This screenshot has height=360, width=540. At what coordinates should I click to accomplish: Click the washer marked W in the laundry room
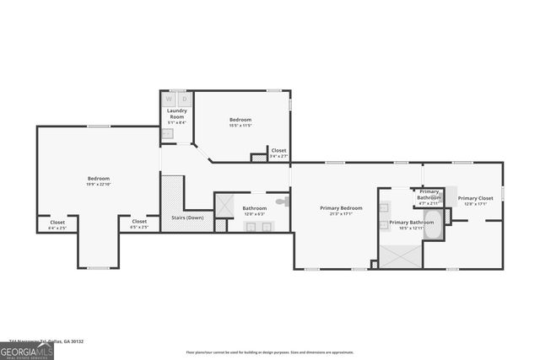pyautogui.click(x=169, y=98)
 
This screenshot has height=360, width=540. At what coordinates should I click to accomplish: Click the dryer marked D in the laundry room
pyautogui.click(x=184, y=98)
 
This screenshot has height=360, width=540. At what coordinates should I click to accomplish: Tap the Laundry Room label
pyautogui.click(x=176, y=113)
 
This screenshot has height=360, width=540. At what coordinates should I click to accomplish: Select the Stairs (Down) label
pyautogui.click(x=187, y=218)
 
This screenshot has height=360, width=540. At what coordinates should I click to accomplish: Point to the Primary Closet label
pyautogui.click(x=473, y=199)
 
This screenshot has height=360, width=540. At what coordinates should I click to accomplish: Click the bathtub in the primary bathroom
pyautogui.click(x=433, y=224)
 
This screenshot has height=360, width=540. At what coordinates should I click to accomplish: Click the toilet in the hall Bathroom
pyautogui.click(x=284, y=201)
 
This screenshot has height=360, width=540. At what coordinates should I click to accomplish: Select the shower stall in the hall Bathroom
pyautogui.click(x=225, y=205)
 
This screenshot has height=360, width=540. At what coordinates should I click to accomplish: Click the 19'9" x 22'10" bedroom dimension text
pyautogui.click(x=99, y=184)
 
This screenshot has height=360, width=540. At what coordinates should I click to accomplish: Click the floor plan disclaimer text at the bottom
pyautogui.click(x=269, y=352)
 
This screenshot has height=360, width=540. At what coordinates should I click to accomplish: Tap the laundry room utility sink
pyautogui.click(x=168, y=133)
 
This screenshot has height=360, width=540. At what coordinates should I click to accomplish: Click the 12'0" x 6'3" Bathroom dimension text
pyautogui.click(x=255, y=213)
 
